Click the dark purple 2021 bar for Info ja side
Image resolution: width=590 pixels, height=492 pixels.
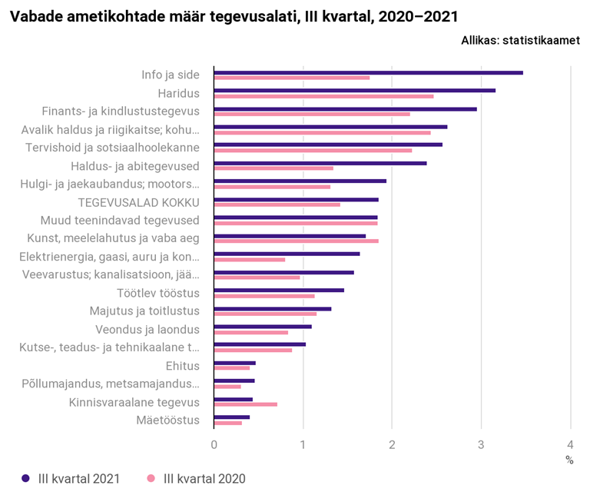pos(368,72)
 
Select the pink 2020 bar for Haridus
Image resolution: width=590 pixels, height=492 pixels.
pos(323,96)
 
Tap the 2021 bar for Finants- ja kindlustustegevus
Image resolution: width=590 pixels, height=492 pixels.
pos(345,109)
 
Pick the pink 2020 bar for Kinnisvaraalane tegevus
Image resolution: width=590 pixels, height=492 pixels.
pos(245,404)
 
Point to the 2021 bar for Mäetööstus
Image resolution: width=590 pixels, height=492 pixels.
pos(231,417)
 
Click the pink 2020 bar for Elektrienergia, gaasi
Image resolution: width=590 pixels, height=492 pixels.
pos(249,259)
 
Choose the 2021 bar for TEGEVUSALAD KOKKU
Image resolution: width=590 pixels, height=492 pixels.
pos(296,200)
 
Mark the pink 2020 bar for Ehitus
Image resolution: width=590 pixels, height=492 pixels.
pos(231,368)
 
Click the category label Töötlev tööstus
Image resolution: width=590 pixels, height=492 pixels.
pos(158,293)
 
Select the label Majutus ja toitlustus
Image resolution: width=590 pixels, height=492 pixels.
pos(144,311)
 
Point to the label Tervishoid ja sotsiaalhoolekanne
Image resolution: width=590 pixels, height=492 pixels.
pos(112,147)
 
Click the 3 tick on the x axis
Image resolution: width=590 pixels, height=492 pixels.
pos(481,444)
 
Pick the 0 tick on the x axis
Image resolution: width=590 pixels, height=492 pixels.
pos(214,444)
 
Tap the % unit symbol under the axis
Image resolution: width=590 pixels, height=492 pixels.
pos(569,460)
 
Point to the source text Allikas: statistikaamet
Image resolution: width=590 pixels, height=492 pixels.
pos(520,41)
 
